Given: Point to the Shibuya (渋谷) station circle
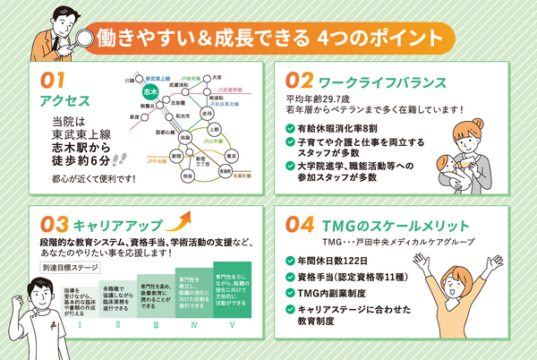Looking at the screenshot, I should tap(184, 176).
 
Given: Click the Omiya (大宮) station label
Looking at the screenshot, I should tap(217, 77).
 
